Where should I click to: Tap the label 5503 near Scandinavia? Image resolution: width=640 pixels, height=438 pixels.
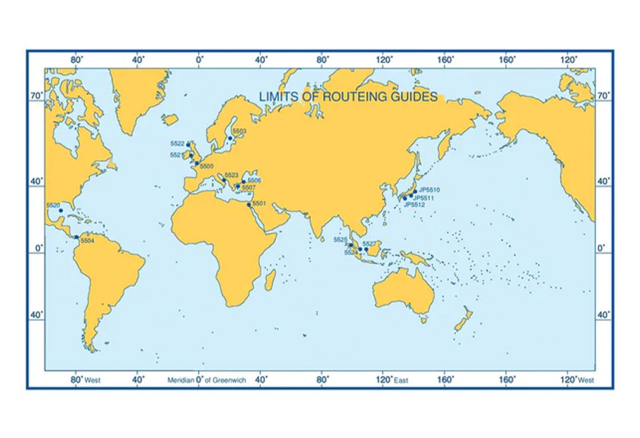[x=239, y=130]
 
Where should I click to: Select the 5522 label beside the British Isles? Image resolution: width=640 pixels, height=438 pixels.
[x=177, y=144]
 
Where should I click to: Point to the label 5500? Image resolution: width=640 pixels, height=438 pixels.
[x=206, y=167]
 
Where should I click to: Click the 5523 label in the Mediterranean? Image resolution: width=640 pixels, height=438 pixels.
[x=231, y=175]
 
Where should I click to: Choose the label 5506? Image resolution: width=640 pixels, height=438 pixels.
[x=254, y=180]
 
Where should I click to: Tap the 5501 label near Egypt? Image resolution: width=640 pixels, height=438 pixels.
[x=259, y=203]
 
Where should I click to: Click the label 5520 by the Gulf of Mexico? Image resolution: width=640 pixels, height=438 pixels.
[x=53, y=205]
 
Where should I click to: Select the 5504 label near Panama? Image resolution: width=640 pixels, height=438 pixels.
[x=87, y=241]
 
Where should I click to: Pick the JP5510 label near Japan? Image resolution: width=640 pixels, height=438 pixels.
[x=429, y=190]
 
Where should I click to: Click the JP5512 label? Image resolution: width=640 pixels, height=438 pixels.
[x=414, y=204]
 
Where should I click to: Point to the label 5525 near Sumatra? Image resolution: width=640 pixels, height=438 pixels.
[x=340, y=239]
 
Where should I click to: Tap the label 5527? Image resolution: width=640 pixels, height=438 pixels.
[x=369, y=244]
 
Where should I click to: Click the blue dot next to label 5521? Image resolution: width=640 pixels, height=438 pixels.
[x=191, y=155]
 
